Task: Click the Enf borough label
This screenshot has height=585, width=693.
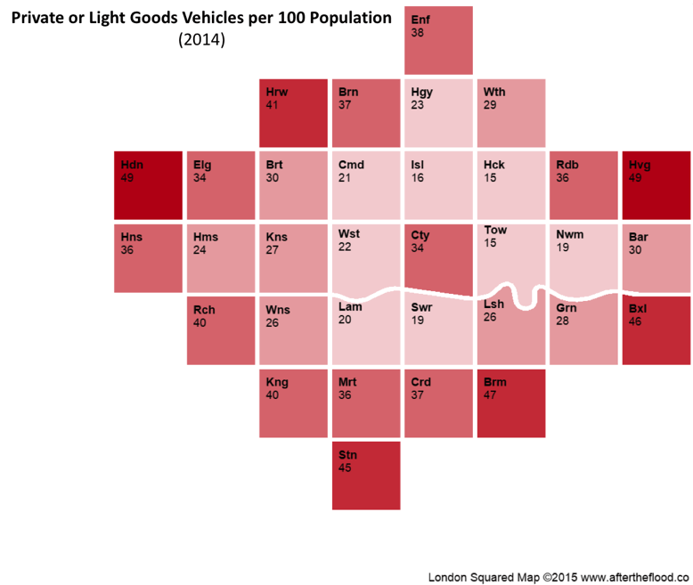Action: click(x=420, y=20)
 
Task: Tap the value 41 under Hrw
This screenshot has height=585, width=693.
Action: click(x=272, y=105)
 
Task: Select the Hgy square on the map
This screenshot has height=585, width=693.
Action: click(x=438, y=113)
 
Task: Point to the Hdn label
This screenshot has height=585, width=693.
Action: click(x=132, y=165)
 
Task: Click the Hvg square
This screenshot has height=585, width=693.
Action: click(x=656, y=185)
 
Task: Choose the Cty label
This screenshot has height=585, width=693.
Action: click(x=420, y=235)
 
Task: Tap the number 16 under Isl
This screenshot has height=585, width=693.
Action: click(x=417, y=177)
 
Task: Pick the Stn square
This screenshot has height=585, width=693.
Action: click(x=366, y=475)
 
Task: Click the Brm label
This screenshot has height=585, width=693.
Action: click(x=495, y=382)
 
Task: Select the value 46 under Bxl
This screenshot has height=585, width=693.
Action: click(x=635, y=321)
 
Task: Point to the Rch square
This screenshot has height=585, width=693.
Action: click(x=221, y=330)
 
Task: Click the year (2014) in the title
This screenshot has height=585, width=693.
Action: click(x=201, y=40)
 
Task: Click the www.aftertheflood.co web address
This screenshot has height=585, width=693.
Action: click(x=635, y=577)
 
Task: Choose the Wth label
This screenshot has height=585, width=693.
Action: click(x=494, y=92)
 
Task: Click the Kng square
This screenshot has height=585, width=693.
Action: click(x=293, y=403)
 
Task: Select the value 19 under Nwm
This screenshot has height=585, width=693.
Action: click(x=562, y=248)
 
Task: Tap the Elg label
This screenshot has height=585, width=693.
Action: click(x=202, y=166)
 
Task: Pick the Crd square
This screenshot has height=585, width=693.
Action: click(x=438, y=403)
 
